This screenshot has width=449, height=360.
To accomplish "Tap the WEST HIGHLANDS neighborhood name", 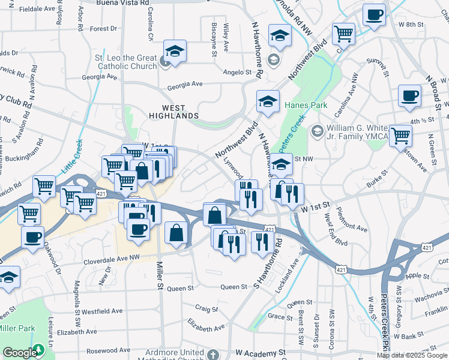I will (172, 111).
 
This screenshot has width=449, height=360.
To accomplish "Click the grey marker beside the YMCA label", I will (317, 130).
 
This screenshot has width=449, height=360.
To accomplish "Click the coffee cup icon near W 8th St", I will (374, 14).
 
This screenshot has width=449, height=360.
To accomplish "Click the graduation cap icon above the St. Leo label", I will (175, 52).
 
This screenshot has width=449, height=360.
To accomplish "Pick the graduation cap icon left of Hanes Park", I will (268, 101).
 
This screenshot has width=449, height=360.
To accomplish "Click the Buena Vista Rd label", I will (123, 2).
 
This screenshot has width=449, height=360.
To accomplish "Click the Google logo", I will (19, 353).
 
